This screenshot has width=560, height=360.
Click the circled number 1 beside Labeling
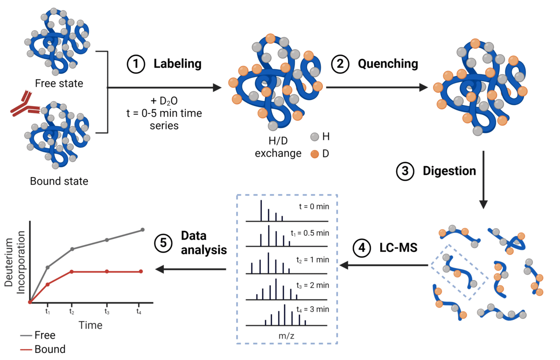click(x=136, y=64)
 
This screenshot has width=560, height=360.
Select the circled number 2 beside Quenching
click(x=341, y=64)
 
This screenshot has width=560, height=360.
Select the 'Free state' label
click(x=59, y=84)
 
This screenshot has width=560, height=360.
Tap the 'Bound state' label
click(x=59, y=181)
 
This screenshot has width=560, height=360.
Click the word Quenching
click(x=388, y=64)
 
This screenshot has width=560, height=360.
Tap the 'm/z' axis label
click(x=287, y=336)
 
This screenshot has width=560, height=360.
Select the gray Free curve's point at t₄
click(x=142, y=230)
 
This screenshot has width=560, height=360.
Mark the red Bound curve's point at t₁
click(x=48, y=284)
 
